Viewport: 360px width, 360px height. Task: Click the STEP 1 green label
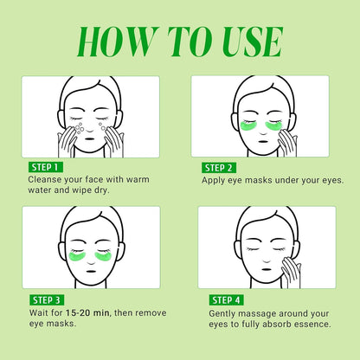[x=46, y=167]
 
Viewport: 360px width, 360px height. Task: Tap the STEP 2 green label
[x=219, y=168]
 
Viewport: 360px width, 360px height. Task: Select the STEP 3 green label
[x=47, y=300]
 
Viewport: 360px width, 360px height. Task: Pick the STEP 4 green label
[x=226, y=300]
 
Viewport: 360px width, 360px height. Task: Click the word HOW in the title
[x=118, y=42]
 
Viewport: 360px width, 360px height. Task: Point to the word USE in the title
[x=251, y=42]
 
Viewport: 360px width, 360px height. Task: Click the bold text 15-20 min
[x=87, y=312]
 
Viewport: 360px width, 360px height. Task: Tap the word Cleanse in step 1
[x=45, y=179]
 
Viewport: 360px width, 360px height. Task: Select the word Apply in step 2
[x=214, y=181]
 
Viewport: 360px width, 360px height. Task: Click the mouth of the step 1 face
[x=90, y=138]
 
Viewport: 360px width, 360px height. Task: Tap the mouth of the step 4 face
[x=267, y=270]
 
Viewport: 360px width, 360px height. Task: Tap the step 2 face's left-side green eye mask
[x=247, y=126]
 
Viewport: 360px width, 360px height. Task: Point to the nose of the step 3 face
[x=91, y=261]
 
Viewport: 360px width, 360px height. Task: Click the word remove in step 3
[x=151, y=313]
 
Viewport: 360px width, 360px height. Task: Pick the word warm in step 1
[x=138, y=179]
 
